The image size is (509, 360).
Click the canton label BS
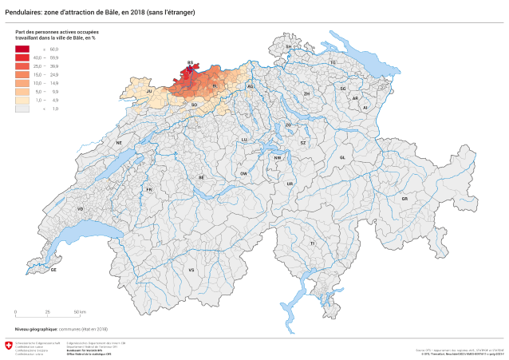coord(190,61)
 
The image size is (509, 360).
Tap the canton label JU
coord(149,92)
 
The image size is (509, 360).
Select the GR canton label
coord(404,198)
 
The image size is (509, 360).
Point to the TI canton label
coord(313,243)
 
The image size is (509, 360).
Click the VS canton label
coord(191,270)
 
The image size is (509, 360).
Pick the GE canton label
coord(54,270)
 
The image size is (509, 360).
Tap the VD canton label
coord(80,208)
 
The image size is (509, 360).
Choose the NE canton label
coord(119,143)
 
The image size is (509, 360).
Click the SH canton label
coord(289,47)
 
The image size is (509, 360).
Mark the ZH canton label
coord(306,93)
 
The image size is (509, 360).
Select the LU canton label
coord(245,139)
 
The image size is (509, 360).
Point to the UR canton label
coord(290,184)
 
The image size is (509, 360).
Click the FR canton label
coord(149,189)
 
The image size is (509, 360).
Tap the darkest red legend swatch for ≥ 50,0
coord(22,49)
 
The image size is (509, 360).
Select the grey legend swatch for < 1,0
coord(22,108)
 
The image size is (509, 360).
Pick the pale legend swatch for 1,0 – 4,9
coord(22,100)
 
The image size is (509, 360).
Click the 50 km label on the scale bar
coord(81,311)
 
